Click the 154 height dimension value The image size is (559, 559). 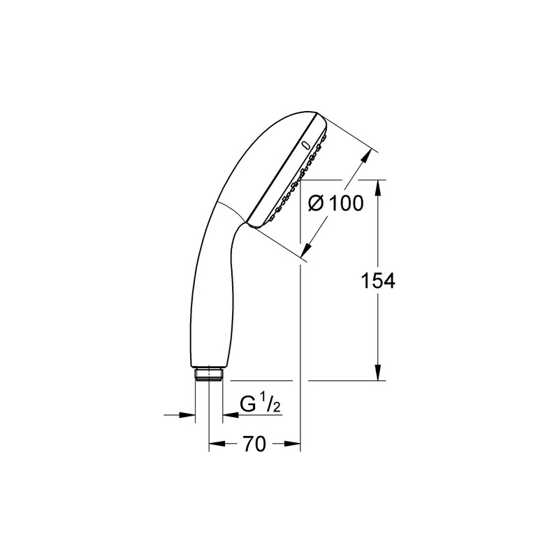[x=377, y=282]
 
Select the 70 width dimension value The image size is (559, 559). [x=256, y=444]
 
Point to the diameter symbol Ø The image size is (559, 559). [x=316, y=203]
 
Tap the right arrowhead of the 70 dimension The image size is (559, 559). [x=293, y=444]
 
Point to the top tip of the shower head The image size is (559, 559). [x=318, y=115]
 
